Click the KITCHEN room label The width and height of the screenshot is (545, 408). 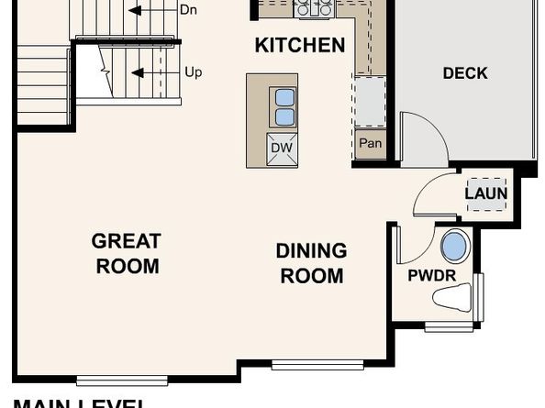(x=300, y=45)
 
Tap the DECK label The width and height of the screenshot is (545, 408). (x=465, y=73)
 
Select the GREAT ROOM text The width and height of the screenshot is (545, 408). (x=126, y=254)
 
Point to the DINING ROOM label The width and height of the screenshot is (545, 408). (x=312, y=263)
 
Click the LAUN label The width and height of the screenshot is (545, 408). (x=485, y=193)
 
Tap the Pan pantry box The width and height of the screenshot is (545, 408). (x=370, y=144)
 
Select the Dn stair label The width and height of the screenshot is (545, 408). (x=188, y=10)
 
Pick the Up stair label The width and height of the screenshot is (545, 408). (x=193, y=72)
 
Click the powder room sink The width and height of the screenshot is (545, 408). (x=454, y=246)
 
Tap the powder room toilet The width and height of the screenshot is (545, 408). (x=455, y=297)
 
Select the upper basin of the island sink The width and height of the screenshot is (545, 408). (x=284, y=97)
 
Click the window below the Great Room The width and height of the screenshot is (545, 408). (x=122, y=380)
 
